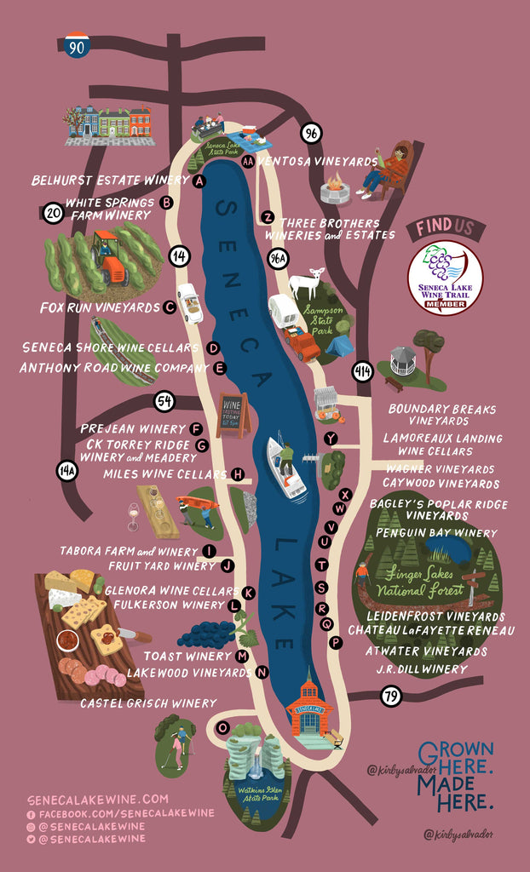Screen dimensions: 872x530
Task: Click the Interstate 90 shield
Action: pos(77,46)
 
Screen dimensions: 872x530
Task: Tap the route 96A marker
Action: pos(279,259)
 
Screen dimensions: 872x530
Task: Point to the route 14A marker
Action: pos(66,468)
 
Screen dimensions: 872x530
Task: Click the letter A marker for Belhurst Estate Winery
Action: pos(199,181)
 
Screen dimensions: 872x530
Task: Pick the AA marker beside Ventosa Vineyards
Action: pos(248,161)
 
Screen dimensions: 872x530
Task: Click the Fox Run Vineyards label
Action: pos(101,307)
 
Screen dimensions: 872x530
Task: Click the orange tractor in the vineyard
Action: pos(109,257)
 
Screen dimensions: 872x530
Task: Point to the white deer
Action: pos(306,283)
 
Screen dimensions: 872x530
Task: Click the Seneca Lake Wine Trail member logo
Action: pos(445,278)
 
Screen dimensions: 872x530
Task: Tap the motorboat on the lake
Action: pos(286,468)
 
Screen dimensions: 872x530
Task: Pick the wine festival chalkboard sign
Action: pos(232,413)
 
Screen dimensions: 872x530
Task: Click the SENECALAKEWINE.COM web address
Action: pos(97,800)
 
